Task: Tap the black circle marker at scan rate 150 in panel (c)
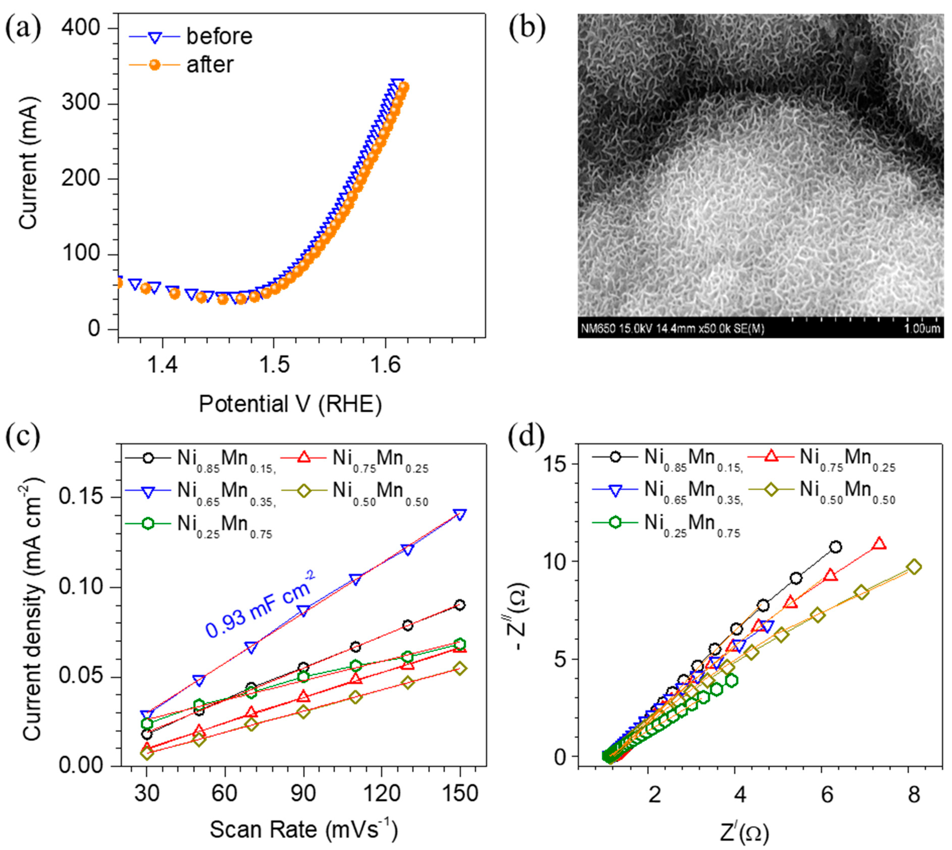point(460,605)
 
